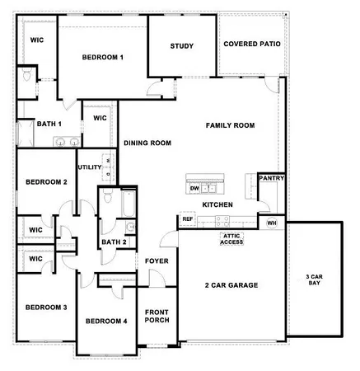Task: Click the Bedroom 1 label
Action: (x=102, y=57)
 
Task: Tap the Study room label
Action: (x=182, y=46)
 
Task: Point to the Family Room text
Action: (x=230, y=125)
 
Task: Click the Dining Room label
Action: (x=147, y=143)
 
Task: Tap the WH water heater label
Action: (x=272, y=223)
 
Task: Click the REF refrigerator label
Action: (x=188, y=219)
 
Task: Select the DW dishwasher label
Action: (x=194, y=189)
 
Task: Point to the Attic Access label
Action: (x=231, y=239)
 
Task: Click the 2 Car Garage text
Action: (x=231, y=285)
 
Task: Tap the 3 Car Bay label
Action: (x=313, y=279)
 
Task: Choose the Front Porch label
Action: (x=157, y=317)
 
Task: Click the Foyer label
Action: (x=157, y=261)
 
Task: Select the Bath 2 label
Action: (x=114, y=242)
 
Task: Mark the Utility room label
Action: (x=90, y=167)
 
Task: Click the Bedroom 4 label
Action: (x=106, y=321)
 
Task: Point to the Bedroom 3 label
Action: (x=45, y=307)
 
